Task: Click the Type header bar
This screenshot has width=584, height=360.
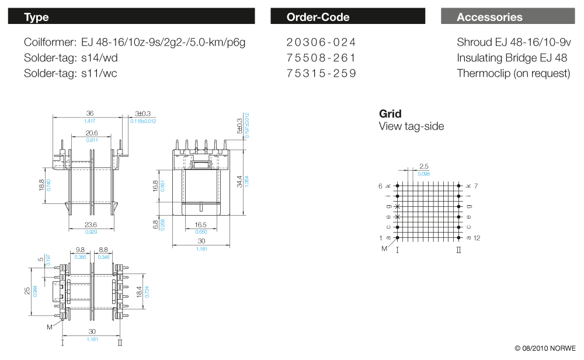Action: coord(131,16)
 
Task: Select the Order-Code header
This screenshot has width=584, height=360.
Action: coord(347,16)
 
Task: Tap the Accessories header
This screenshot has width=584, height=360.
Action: coord(507,16)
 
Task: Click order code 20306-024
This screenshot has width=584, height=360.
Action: coord(321,43)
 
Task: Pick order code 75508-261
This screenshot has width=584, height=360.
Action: coord(321,58)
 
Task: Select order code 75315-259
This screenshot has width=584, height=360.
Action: coord(321,74)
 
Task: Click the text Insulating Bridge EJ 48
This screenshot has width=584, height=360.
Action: coord(512,58)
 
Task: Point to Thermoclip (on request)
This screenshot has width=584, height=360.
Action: coord(513,74)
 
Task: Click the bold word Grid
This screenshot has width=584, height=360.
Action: coord(390,114)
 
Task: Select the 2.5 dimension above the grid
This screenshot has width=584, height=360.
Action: coord(424,167)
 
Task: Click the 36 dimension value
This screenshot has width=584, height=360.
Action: coord(90,113)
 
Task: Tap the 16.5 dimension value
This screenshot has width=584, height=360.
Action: coord(201,224)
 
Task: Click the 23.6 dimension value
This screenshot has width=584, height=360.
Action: coord(91,224)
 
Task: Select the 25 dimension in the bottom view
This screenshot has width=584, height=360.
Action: coord(27,290)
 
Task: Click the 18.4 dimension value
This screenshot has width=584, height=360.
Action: coord(139,290)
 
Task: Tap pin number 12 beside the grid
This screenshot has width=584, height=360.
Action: coord(477,238)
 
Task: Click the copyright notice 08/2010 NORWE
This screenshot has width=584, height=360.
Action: coord(544,348)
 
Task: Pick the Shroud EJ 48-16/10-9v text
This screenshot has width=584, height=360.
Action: coord(514,43)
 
